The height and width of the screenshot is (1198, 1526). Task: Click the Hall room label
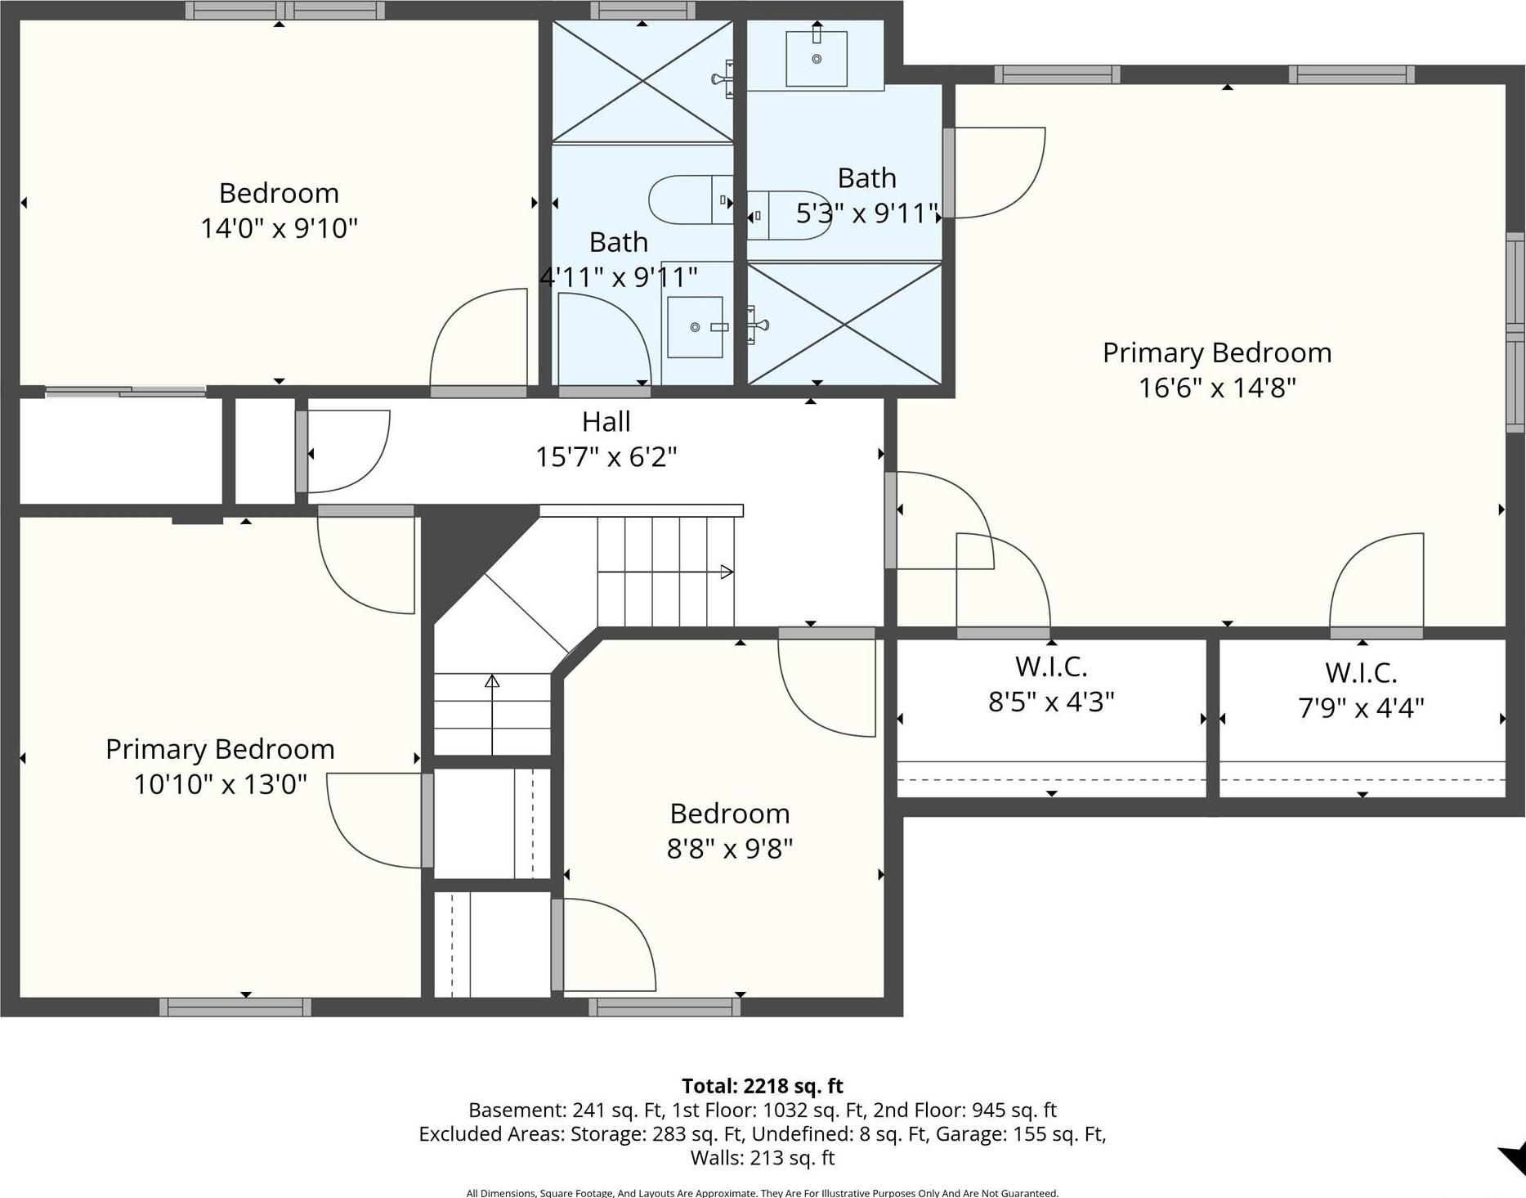coord(606,422)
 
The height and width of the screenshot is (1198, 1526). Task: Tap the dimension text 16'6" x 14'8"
coord(1217,388)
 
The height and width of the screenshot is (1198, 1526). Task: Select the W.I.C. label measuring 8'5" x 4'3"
coord(1051,667)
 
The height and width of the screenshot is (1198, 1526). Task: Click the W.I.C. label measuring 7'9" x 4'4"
coord(1361,673)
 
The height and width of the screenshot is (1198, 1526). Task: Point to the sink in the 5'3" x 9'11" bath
coord(816,58)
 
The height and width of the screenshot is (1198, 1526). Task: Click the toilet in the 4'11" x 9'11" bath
coord(687,200)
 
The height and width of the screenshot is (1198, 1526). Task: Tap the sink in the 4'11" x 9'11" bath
coord(696,327)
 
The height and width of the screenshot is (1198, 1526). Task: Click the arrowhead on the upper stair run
coord(726,572)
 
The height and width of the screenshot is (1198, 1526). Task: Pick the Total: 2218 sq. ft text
coord(762,1086)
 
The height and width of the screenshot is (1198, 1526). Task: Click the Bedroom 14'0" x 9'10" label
coord(279,194)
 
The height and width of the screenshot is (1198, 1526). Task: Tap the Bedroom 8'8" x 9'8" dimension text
coord(729,849)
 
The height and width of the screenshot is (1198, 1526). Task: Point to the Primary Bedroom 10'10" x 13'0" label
coord(220,750)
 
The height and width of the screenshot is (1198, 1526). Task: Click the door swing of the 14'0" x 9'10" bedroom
coord(478,335)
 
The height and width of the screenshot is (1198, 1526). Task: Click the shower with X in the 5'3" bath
coord(844,323)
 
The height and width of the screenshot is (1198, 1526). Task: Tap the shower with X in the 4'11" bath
coord(642,81)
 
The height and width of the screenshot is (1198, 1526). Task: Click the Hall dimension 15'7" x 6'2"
coord(606,456)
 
